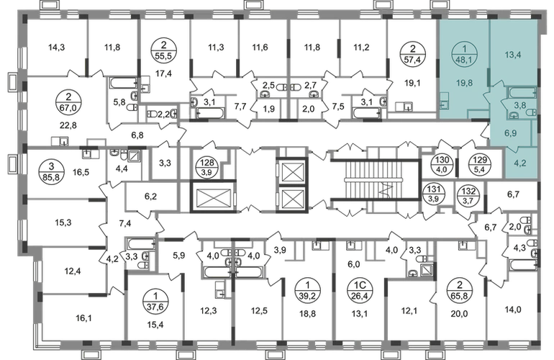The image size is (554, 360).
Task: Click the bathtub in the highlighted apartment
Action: (520, 93)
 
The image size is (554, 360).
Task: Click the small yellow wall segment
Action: (83, 68)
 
